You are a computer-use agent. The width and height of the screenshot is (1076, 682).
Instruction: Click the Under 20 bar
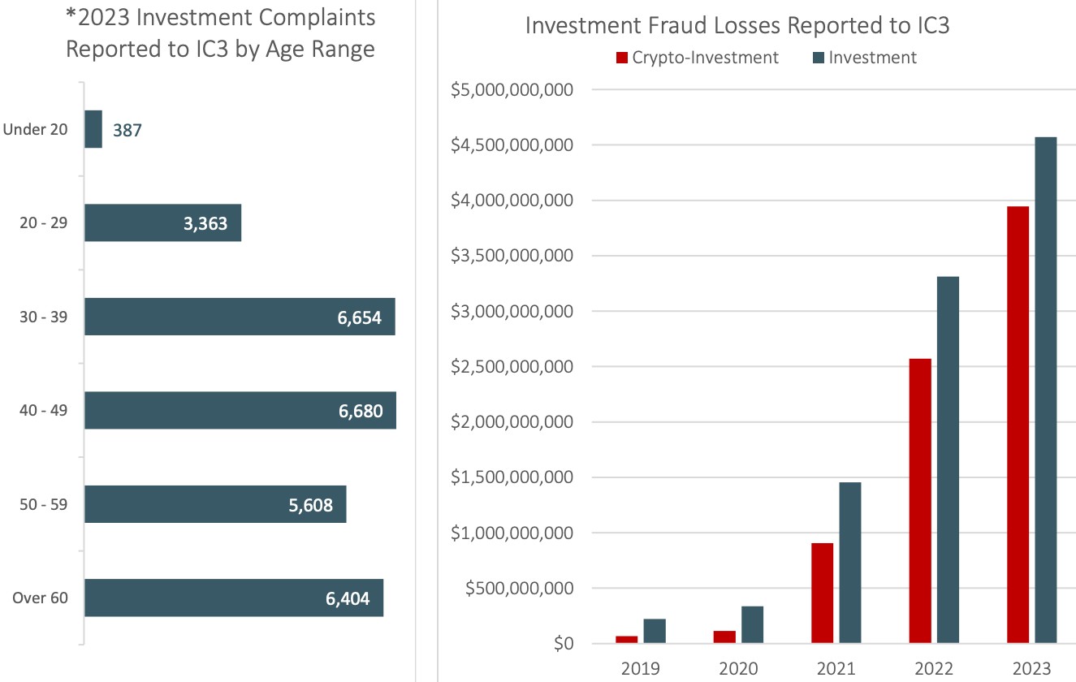[x=93, y=129]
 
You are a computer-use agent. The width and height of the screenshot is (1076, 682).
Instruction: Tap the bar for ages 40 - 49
[x=240, y=411]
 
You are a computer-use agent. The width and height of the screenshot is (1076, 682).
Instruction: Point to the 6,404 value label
[x=348, y=599]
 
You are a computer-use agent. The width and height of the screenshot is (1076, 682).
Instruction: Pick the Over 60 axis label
[x=41, y=599]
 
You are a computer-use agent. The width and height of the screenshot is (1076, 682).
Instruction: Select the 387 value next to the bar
[x=127, y=130]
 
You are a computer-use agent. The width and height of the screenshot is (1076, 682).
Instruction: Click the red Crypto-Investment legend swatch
[x=623, y=58]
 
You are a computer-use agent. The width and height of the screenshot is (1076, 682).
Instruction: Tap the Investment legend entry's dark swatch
[x=817, y=58]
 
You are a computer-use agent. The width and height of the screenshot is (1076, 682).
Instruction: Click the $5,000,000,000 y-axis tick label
[x=512, y=89]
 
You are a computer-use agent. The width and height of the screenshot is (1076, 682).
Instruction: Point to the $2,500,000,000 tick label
[x=512, y=367]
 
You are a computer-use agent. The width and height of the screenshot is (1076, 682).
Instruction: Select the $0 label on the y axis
[x=560, y=645]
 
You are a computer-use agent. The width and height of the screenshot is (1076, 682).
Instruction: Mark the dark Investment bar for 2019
[x=655, y=632]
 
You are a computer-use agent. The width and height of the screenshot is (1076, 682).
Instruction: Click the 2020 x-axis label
[x=738, y=669]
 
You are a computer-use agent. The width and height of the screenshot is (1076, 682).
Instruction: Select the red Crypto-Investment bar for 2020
[x=724, y=637]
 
